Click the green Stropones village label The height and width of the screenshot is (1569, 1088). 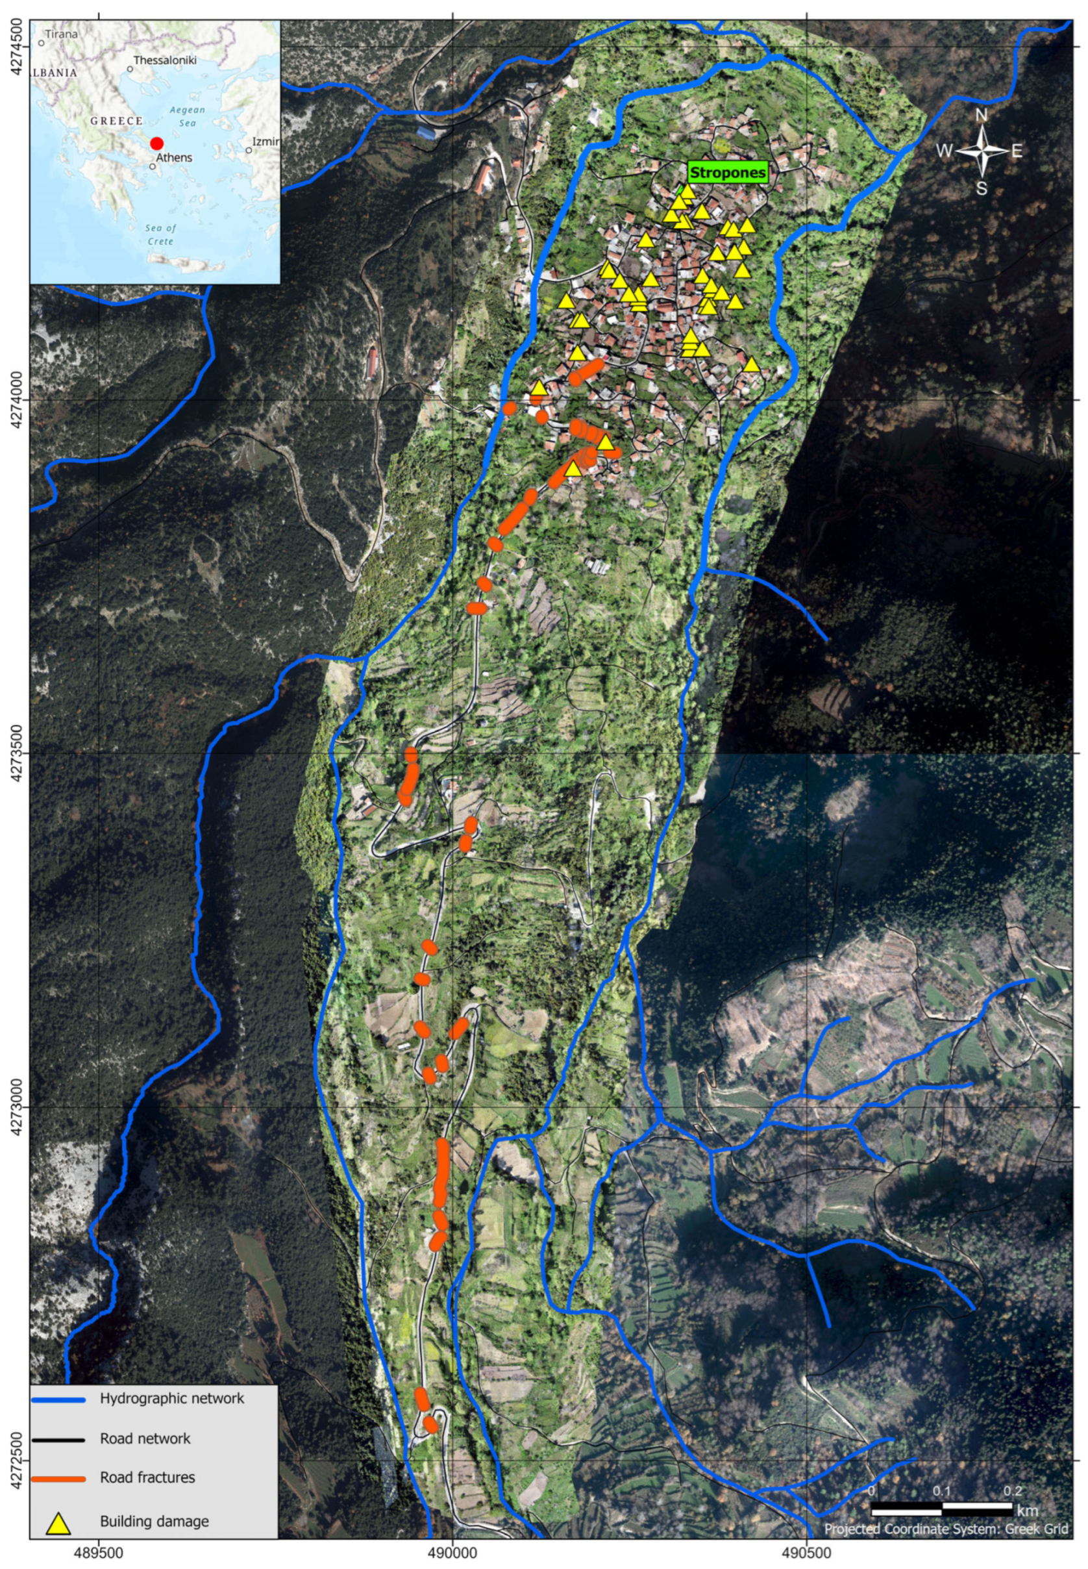pyautogui.click(x=727, y=173)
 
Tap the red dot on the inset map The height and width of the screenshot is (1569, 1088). pyautogui.click(x=157, y=143)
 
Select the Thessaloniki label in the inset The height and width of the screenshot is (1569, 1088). pyautogui.click(x=165, y=60)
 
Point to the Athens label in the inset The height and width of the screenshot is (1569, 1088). pyautogui.click(x=175, y=158)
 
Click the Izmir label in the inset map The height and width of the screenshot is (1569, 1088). pyautogui.click(x=266, y=142)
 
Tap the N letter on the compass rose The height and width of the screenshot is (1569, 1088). pyautogui.click(x=981, y=115)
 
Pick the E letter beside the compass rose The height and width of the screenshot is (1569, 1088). pyautogui.click(x=1017, y=151)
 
